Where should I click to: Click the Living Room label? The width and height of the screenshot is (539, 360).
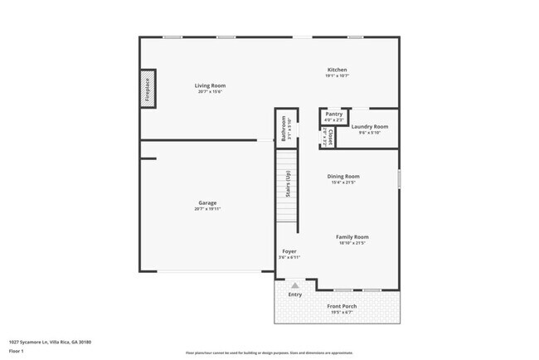[x=210, y=85]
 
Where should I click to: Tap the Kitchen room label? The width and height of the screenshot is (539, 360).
[x=337, y=70]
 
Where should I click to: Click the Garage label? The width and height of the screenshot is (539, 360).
[x=207, y=202]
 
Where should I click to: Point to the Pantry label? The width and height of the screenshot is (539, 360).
[x=334, y=114]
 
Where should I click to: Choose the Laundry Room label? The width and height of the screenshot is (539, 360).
[x=369, y=127]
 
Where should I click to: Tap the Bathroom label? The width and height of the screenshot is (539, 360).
[x=284, y=129]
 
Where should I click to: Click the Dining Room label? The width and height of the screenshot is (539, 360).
[x=344, y=176]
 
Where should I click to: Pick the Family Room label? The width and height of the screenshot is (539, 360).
[x=352, y=237]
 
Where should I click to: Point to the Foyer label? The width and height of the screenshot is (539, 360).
[x=289, y=251]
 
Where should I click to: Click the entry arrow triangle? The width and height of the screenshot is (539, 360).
[x=294, y=285]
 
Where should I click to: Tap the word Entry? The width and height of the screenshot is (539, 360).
[x=294, y=294]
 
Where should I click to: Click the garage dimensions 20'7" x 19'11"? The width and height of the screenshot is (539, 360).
[x=207, y=209]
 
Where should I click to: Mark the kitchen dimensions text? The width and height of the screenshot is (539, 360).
[x=337, y=76]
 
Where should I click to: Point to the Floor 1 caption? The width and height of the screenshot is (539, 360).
[x=17, y=352]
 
